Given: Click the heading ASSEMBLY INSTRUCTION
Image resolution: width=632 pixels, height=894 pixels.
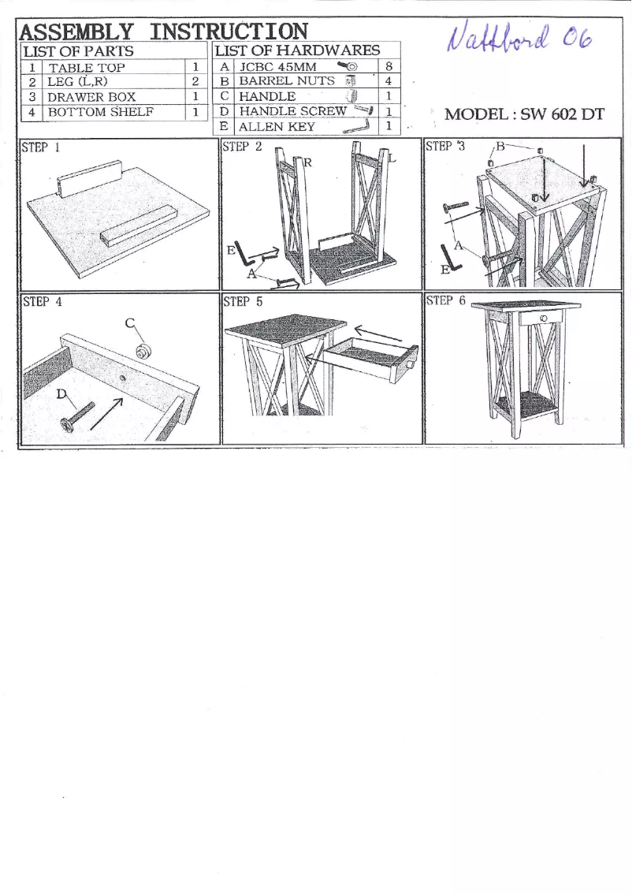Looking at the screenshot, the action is click(164, 31).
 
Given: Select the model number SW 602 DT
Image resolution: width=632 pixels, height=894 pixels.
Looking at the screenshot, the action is click(562, 114).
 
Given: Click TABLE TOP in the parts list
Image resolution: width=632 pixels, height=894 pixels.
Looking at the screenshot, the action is click(86, 67).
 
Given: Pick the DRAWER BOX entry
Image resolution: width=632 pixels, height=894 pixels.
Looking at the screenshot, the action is click(91, 97).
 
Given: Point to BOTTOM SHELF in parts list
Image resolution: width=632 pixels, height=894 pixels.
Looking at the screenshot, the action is click(100, 112).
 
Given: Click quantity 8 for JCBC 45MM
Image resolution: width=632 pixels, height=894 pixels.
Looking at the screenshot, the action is click(388, 66).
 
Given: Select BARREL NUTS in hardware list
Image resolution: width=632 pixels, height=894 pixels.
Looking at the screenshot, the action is click(287, 81).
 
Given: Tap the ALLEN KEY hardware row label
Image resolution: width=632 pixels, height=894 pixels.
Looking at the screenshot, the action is click(277, 127).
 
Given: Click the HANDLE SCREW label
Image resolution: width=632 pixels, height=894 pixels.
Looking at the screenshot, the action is click(292, 111).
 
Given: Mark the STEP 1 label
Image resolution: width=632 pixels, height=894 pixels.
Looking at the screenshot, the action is click(41, 147).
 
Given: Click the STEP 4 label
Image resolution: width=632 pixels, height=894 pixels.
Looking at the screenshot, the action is click(43, 302).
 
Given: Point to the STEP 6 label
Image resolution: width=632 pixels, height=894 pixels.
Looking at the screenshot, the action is click(446, 300).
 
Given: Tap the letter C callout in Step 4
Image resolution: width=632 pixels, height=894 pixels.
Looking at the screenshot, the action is click(130, 323).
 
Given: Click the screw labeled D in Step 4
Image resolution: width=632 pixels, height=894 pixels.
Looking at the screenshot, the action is click(77, 415).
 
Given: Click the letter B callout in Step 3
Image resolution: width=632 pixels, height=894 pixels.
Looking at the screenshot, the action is click(500, 147).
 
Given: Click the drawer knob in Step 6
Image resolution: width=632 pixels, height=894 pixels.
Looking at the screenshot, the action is click(544, 318).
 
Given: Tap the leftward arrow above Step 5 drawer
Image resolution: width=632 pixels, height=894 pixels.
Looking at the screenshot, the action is click(377, 335).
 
